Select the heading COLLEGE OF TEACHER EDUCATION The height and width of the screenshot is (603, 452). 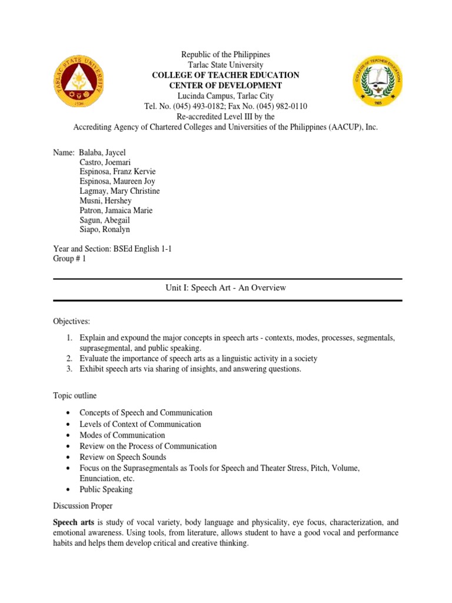coord(225,75)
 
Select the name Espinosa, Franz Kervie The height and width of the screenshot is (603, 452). coord(117,172)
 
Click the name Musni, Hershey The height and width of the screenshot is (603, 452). coord(105,201)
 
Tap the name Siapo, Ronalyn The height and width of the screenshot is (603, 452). coord(105,229)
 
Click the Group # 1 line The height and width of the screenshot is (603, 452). coord(69,259)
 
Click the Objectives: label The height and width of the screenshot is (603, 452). coord(72,322)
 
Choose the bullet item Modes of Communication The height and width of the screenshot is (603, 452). coord(122,435)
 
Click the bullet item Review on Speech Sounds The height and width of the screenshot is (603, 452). coord(123,457)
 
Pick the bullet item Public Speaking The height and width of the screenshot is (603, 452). coord(106,489)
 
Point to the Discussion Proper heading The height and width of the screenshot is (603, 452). coord(83,506)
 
